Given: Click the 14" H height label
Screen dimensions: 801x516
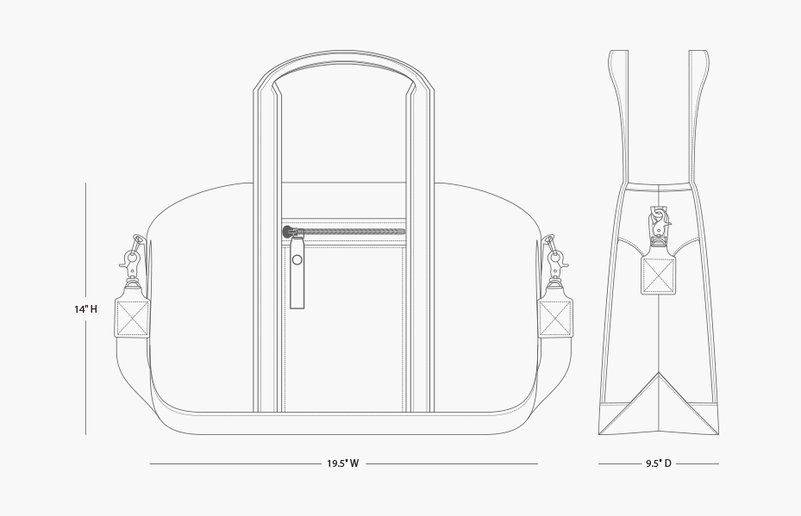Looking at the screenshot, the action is (x=86, y=309).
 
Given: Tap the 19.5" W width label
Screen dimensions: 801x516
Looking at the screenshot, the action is (x=343, y=463).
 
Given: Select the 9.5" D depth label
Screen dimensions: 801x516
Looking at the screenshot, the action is (x=659, y=463).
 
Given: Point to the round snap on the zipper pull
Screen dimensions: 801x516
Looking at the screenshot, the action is (x=297, y=260).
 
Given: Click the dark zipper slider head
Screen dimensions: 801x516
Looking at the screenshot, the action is (x=288, y=232).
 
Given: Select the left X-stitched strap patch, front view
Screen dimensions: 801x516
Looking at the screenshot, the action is (x=132, y=318).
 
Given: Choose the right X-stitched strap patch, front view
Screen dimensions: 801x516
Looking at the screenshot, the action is (x=555, y=318).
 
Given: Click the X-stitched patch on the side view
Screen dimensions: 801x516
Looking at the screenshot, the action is (x=658, y=276).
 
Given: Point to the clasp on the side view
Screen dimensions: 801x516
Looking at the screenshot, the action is (x=659, y=227).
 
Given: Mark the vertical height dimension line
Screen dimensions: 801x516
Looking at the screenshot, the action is (x=86, y=308).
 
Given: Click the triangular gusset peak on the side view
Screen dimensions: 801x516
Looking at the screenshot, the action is (x=659, y=373).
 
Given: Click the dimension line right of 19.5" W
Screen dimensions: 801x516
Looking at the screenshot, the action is (x=452, y=464).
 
